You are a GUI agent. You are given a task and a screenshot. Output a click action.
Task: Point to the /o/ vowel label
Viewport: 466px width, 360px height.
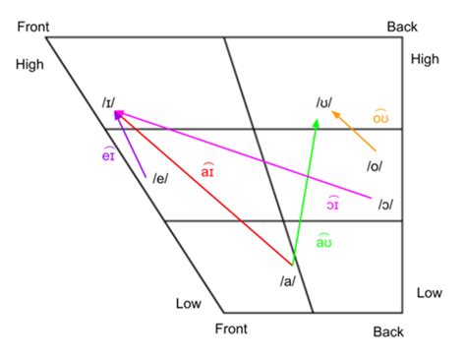(x=375, y=166)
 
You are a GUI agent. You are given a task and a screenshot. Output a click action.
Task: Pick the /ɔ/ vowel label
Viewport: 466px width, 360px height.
(x=385, y=204)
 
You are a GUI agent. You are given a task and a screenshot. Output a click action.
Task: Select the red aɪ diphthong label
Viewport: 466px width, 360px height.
(x=207, y=172)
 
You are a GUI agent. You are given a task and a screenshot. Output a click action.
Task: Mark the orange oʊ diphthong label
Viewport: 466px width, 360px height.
(x=383, y=117)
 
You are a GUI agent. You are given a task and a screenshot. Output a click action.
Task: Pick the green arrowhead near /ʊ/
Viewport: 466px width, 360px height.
(x=316, y=123)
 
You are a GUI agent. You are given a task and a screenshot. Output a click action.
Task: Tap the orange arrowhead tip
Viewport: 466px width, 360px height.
(x=332, y=113)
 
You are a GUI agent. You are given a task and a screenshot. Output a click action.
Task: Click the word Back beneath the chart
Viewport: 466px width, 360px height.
(x=388, y=332)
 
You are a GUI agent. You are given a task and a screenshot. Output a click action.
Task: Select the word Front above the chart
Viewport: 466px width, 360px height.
(x=35, y=24)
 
